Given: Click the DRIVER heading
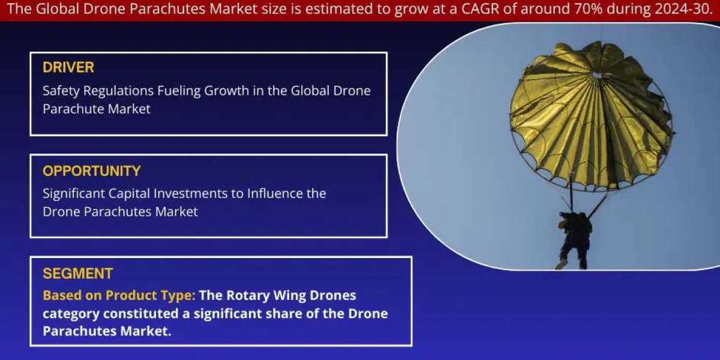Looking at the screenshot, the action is point(68,67).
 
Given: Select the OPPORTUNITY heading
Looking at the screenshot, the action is point(92,170).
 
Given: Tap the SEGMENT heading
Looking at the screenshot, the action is point(78,274).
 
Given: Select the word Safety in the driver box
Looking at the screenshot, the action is point(61,91).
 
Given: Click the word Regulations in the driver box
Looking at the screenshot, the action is point(118,91).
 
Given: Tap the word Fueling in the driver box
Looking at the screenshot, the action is point(179,91).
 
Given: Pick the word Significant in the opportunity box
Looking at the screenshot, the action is point(74,194).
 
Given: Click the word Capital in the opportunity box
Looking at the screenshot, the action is point(129,194).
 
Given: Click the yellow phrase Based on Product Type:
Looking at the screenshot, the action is point(119,296).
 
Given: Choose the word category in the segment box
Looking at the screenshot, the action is point(71,314).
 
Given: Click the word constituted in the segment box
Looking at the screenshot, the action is point(140,313).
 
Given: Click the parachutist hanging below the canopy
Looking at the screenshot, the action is point(574,239).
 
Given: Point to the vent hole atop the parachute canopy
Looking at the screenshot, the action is point(597,75).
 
